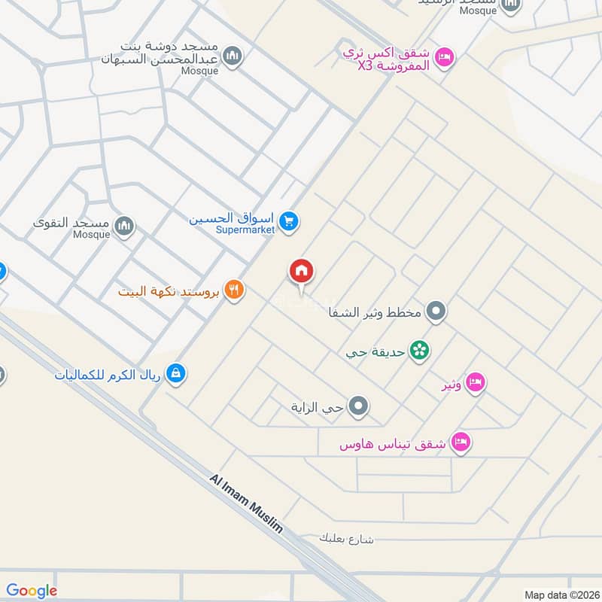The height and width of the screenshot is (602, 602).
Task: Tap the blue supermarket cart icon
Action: point(288,221)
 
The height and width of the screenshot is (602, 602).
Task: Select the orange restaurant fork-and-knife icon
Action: point(234,290)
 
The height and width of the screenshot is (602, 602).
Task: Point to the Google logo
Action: point(32,591)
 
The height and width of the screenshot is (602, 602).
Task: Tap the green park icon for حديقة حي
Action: point(419,350)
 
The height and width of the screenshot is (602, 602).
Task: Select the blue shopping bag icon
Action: point(175,373)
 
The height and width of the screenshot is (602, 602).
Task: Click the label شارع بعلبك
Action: point(346,539)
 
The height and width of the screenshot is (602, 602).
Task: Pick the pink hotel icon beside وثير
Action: point(475,383)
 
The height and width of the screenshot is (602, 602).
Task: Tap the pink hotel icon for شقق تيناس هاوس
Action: point(461,442)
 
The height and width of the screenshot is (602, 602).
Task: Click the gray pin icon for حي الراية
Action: point(359,407)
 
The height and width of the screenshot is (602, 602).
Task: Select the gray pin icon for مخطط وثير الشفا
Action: point(436,310)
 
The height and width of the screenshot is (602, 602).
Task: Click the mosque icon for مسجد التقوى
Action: point(124,224)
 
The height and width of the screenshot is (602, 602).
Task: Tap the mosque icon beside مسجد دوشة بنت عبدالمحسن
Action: point(233,56)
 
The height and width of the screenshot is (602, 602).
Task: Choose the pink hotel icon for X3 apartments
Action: point(445,57)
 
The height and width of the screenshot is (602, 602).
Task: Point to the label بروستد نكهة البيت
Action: point(169,290)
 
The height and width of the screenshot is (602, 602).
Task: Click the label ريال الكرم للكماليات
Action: point(108,374)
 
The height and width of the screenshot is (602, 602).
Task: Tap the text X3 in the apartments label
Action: point(365,66)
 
